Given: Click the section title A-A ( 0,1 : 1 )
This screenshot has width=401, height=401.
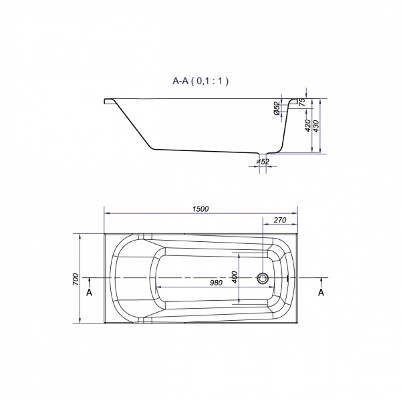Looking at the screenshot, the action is [x=200, y=81].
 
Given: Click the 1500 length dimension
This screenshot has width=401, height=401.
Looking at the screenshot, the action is [x=200, y=209].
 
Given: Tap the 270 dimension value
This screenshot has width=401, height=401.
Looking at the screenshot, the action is [x=280, y=220].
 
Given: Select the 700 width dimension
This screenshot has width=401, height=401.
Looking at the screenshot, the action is [x=76, y=279].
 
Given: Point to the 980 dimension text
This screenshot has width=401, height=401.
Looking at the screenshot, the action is [x=217, y=283].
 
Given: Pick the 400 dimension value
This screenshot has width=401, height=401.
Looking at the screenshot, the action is [x=235, y=277].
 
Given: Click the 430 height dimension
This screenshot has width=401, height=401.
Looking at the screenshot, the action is [x=316, y=126].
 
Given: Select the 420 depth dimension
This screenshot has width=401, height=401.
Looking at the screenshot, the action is [x=308, y=126].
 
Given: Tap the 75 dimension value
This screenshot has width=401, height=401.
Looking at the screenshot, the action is [x=302, y=102].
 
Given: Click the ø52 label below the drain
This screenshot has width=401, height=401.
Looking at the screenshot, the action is [x=263, y=162].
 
